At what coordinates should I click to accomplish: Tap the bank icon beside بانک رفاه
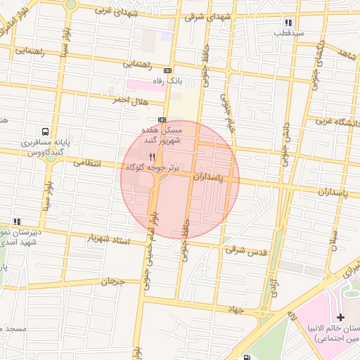pyautogui.click(x=167, y=70)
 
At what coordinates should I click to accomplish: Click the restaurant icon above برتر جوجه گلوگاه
pyautogui.click(x=152, y=156)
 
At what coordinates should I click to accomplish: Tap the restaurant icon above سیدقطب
pyautogui.click(x=279, y=22)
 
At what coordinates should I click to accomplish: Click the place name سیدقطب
pyautogui.click(x=289, y=33)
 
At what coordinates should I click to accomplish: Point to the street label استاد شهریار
pyautogui.click(x=108, y=240)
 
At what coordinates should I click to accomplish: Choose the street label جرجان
pyautogui.click(x=112, y=282)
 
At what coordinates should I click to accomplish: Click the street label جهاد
pyautogui.click(x=235, y=309)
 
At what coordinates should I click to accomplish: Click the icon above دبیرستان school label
pyautogui.click(x=16, y=221)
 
